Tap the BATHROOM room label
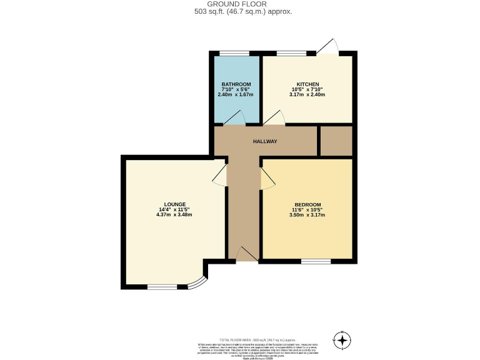tap(236, 84)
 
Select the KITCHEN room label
tap(307, 84)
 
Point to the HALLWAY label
tap(264, 141)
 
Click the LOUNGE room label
tap(175, 204)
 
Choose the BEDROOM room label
tap(307, 205)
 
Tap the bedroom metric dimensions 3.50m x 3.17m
tap(307, 215)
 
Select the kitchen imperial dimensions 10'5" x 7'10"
tap(307, 89)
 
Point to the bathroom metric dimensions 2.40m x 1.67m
tap(236, 94)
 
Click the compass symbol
tap(342, 340)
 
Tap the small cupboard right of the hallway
tap(336, 141)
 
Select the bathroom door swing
tap(236, 119)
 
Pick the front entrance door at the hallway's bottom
tap(246, 253)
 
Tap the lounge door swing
tap(220, 176)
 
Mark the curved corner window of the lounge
tap(198, 283)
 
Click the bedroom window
tap(312, 261)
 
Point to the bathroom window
tap(229, 53)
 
